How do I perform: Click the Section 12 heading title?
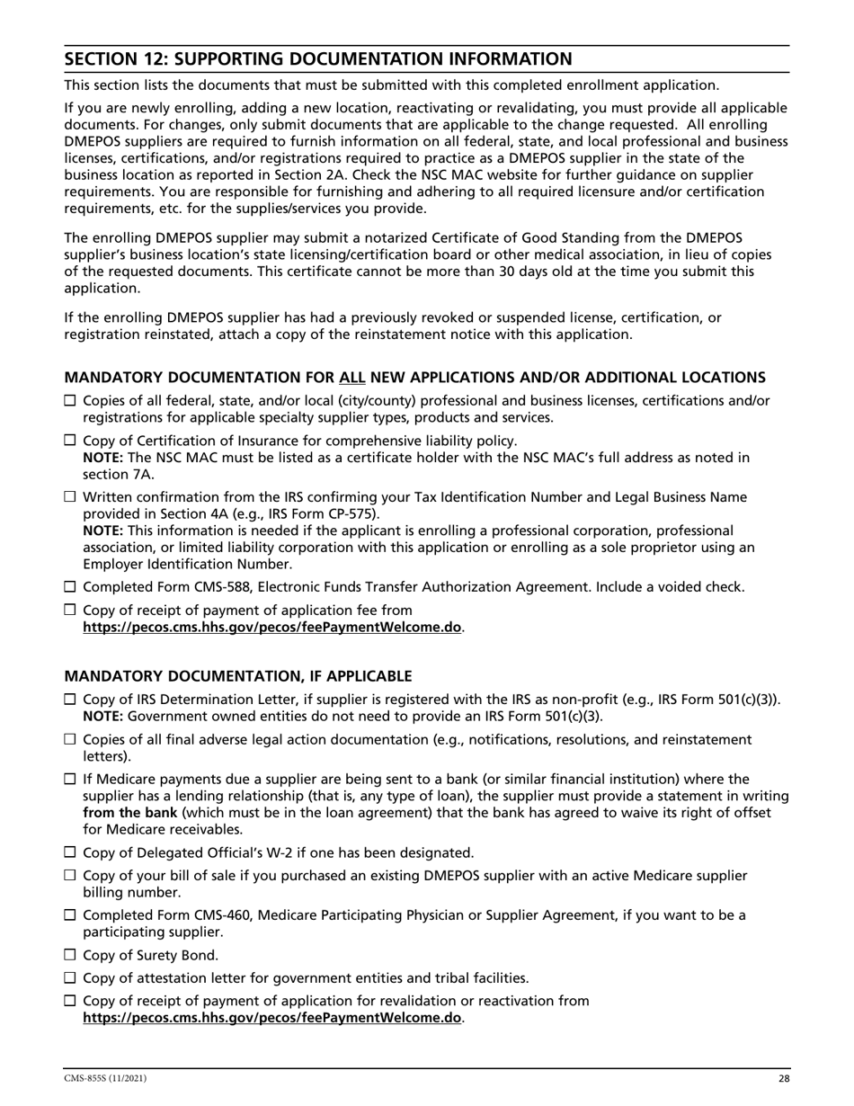[317, 59]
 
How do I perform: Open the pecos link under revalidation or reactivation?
[272, 1019]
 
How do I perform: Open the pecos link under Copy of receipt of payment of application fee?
[272, 628]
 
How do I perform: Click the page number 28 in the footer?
[783, 1078]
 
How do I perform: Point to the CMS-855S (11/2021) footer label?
[105, 1078]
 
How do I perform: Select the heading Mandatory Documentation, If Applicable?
[238, 675]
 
